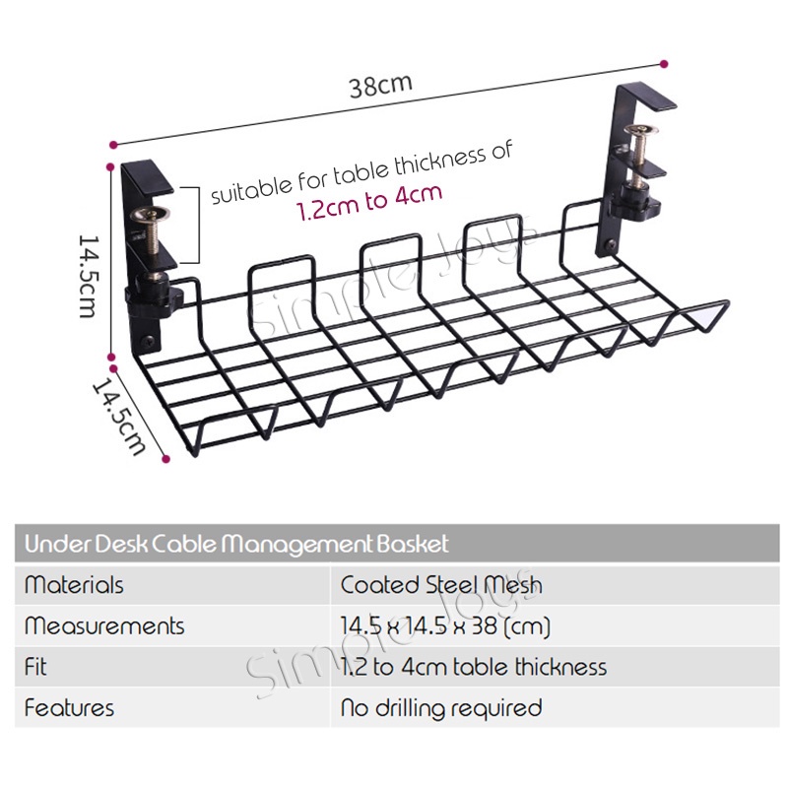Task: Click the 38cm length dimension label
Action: [x=381, y=86]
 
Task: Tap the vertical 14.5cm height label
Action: [x=89, y=277]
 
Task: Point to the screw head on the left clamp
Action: [x=151, y=216]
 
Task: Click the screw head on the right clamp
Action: [x=641, y=131]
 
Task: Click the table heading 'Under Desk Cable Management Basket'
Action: [x=236, y=545]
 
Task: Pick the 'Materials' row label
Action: [x=74, y=585]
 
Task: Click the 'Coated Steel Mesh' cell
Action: [x=441, y=585]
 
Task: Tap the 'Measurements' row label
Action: [x=104, y=626]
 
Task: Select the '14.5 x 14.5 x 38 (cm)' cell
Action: [x=445, y=626]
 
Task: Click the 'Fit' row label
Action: [x=35, y=667]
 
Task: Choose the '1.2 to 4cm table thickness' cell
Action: [x=474, y=668]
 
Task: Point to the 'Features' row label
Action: [x=69, y=708]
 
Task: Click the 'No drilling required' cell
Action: [x=441, y=708]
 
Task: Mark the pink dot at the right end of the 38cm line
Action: [x=664, y=64]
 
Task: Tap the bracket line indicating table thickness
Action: [x=199, y=225]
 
